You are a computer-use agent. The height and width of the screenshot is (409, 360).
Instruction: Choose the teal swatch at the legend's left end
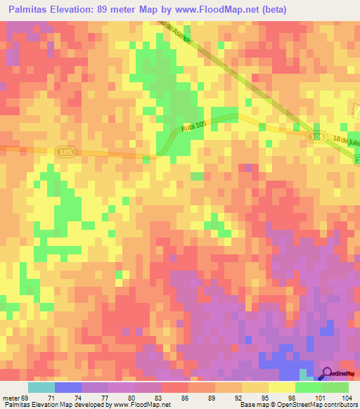point(41,387)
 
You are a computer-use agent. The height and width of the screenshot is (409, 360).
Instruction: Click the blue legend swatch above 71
point(68,387)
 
